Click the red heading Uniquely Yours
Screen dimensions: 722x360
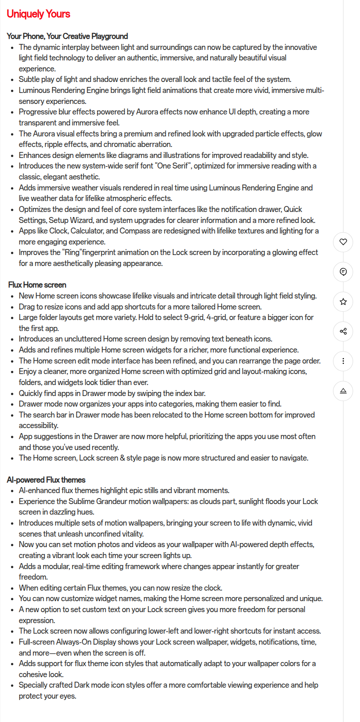[x=38, y=14]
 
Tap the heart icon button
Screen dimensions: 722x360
[x=343, y=242]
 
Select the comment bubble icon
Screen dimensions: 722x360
[x=343, y=272]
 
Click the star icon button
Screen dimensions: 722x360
[x=343, y=302]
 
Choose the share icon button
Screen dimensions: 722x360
[x=343, y=331]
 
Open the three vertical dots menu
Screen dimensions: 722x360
[x=343, y=361]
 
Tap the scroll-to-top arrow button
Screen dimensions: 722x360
[x=343, y=391]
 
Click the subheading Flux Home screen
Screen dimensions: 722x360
[x=37, y=285]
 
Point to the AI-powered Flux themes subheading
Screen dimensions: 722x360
[x=46, y=480]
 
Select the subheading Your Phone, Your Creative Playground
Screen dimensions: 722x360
[x=67, y=36]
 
